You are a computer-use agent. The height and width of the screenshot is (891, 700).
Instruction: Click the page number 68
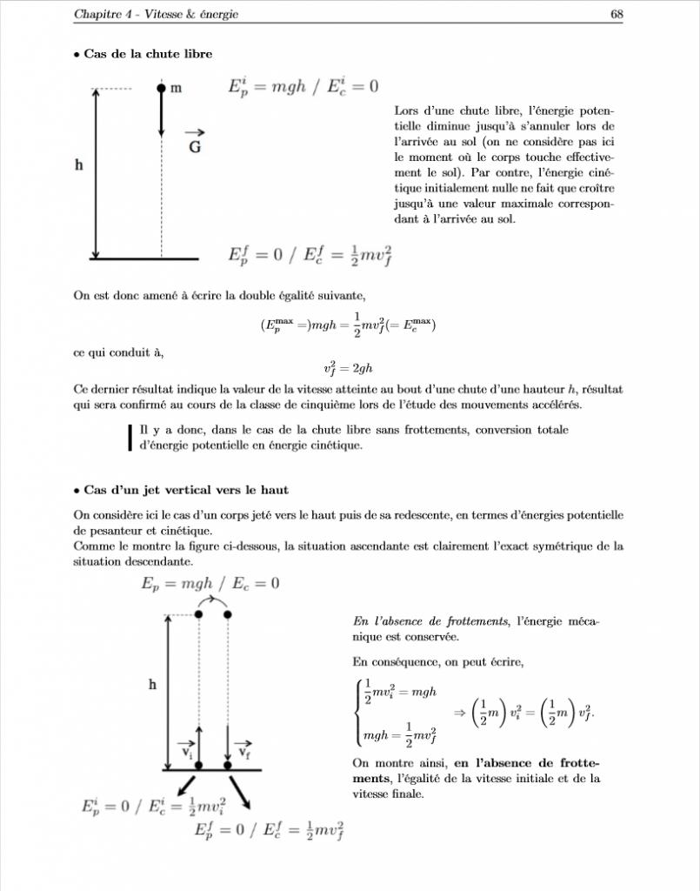616,14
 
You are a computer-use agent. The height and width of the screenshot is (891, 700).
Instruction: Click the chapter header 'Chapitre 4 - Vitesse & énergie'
156,14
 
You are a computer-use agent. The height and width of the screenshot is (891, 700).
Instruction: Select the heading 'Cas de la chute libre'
148,54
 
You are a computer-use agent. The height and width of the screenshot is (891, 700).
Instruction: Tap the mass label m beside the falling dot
176,89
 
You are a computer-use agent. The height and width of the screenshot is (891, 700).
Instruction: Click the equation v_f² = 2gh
348,369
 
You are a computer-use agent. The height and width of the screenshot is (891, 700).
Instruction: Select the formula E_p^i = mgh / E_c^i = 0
303,88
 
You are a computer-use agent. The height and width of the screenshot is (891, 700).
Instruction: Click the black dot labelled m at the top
161,89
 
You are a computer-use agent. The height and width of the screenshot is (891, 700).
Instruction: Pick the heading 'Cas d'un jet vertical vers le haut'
187,491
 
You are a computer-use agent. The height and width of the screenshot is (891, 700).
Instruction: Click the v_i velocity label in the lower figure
187,751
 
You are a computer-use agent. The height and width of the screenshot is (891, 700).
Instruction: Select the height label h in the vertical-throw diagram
152,686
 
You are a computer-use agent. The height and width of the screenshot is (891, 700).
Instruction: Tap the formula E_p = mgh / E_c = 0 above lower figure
210,583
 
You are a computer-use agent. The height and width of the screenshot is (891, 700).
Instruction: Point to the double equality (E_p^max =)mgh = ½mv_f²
348,325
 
